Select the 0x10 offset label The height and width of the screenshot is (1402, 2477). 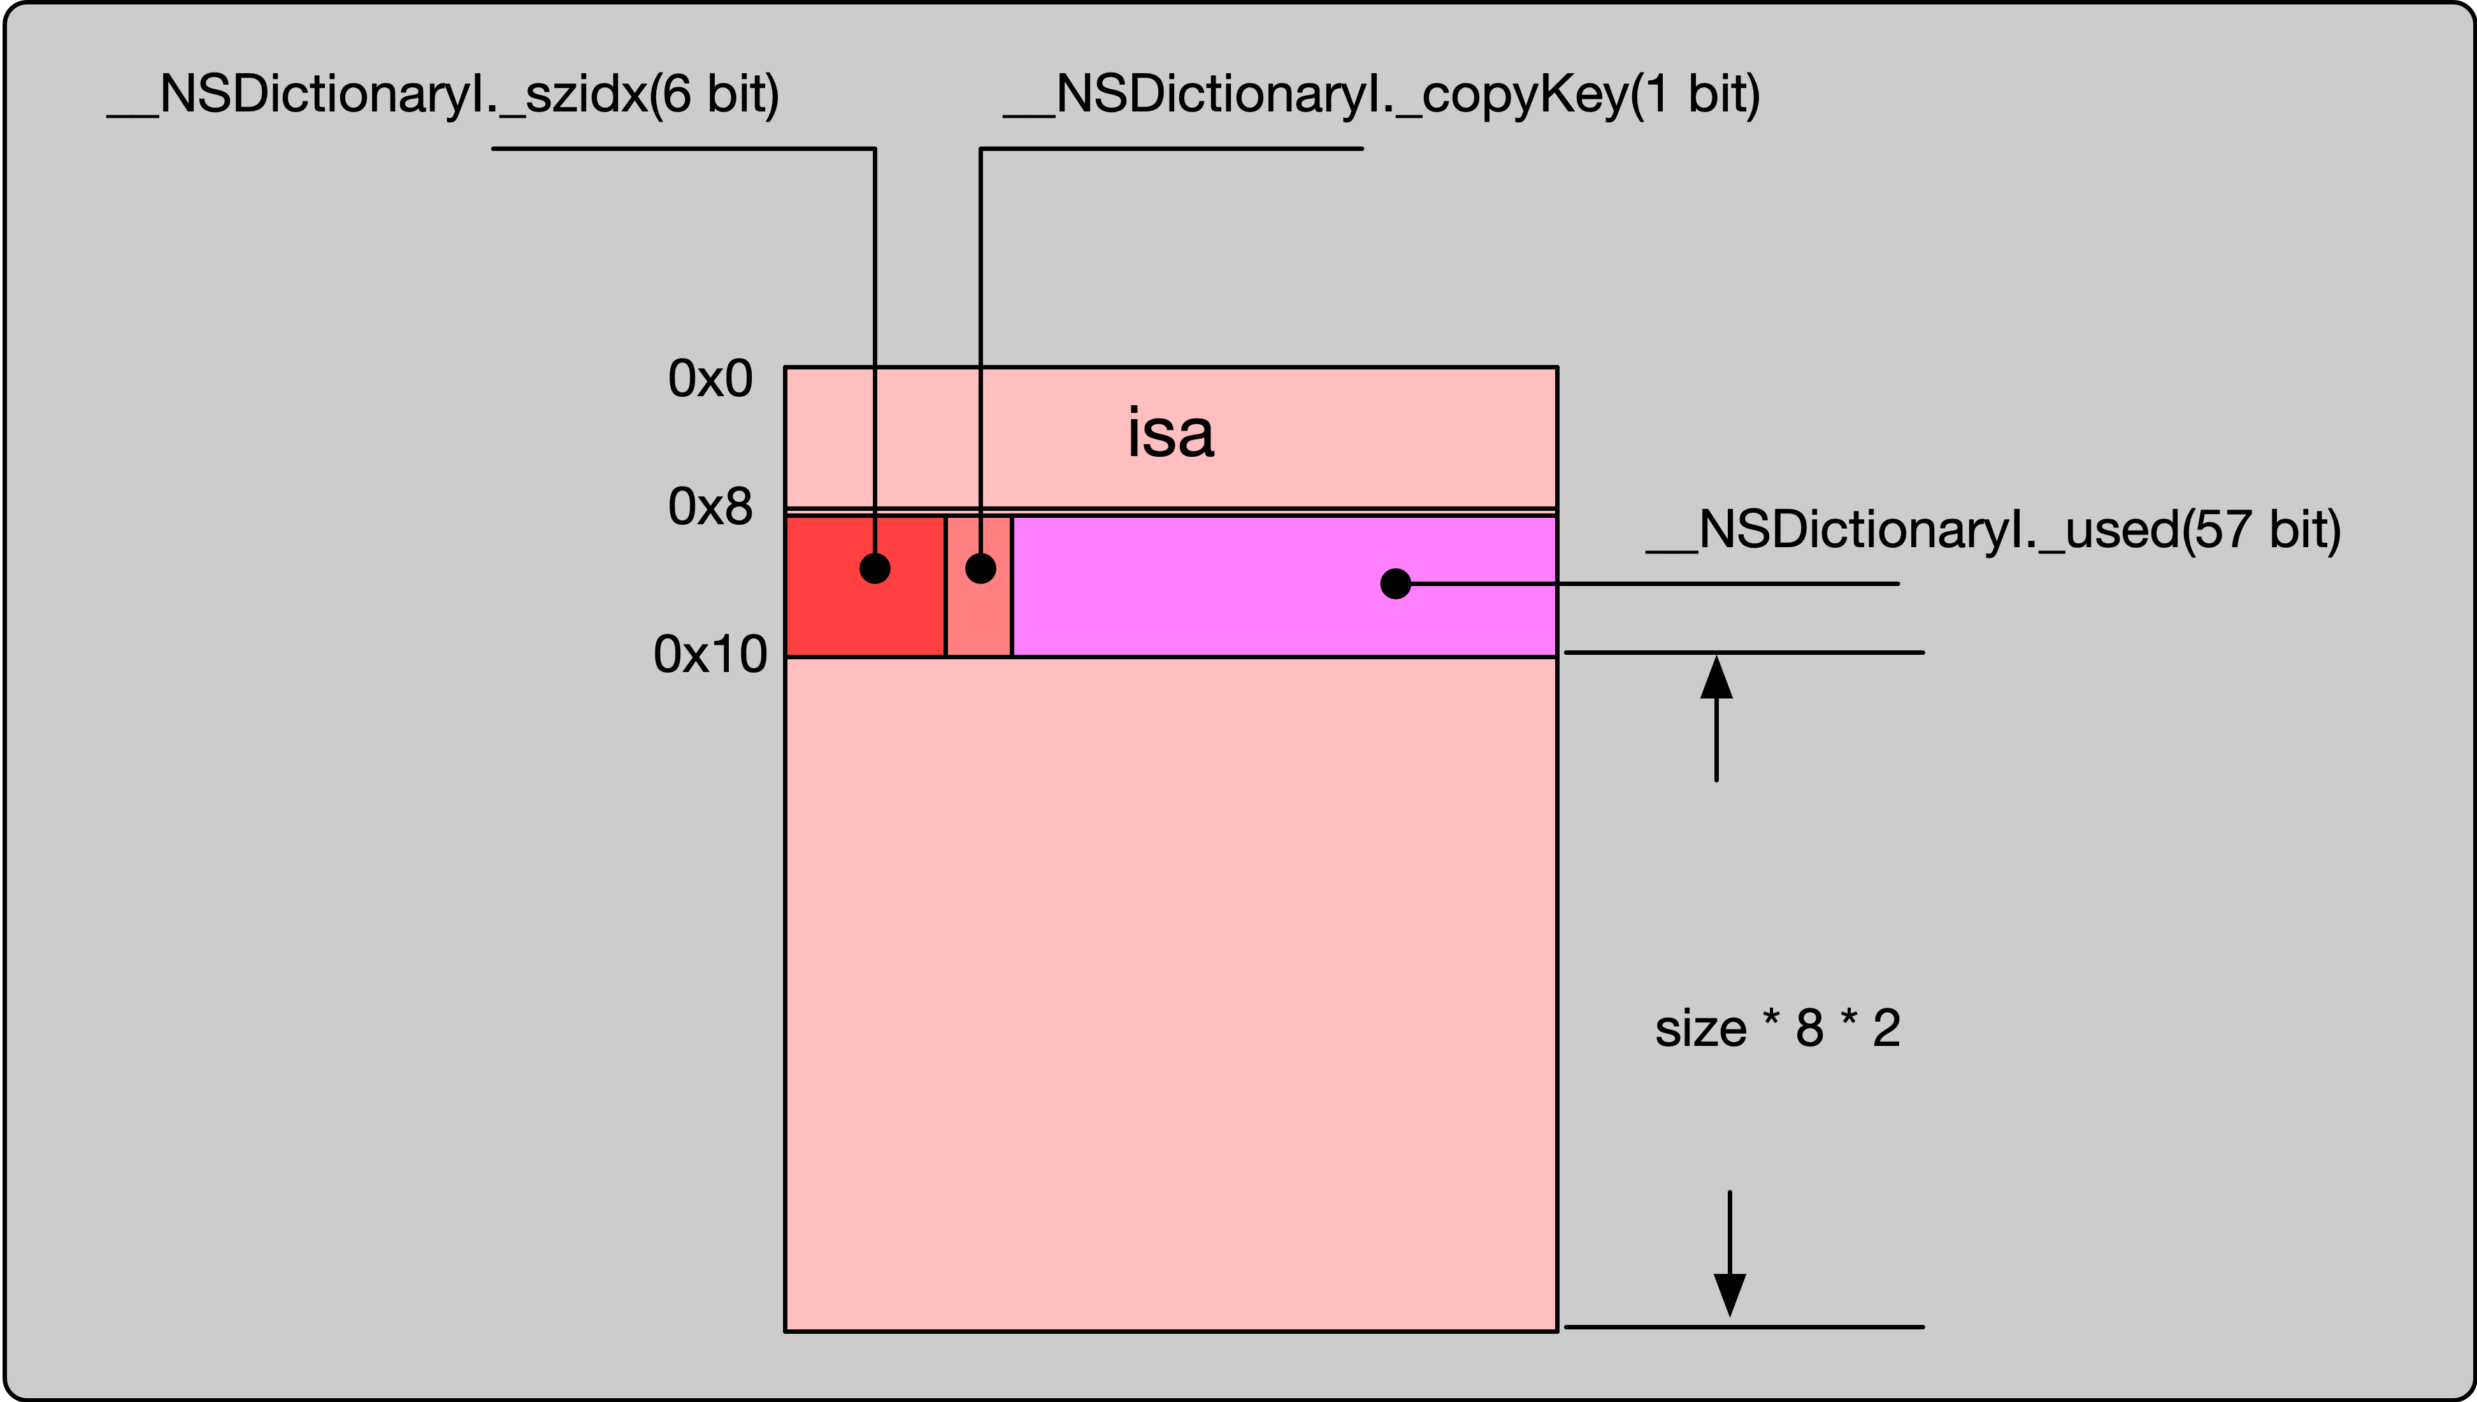[710, 655]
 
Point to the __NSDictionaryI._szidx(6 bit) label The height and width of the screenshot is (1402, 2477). [443, 94]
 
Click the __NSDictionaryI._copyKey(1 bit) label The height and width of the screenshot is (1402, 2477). [1381, 94]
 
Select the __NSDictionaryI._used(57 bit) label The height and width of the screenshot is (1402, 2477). [1993, 529]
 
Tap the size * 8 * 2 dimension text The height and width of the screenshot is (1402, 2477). [1777, 1028]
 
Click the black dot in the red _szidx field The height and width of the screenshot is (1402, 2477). [875, 568]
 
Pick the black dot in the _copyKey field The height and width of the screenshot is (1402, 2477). [980, 568]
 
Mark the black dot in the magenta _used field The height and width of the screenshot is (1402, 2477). [1395, 583]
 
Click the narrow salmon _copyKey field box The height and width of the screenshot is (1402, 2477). [979, 616]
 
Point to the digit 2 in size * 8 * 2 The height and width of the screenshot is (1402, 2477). [1886, 1028]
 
